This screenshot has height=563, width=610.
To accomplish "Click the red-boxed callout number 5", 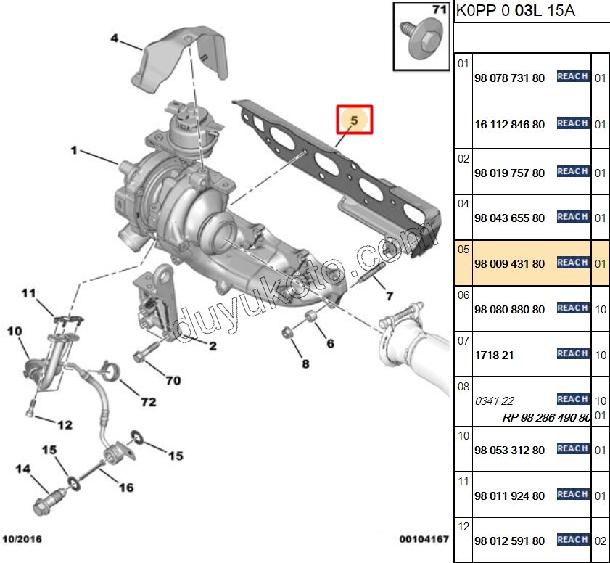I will click(354, 120).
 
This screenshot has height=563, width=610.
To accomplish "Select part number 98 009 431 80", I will click(508, 264).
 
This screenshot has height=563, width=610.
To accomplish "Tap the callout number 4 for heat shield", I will click(114, 38).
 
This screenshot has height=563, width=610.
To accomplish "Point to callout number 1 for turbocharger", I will click(73, 150).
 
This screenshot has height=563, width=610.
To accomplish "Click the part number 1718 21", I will click(494, 355).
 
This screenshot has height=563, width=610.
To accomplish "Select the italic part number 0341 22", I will click(494, 400).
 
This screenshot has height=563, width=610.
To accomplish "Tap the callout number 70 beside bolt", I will click(173, 379).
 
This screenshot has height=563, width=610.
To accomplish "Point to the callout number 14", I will click(22, 469).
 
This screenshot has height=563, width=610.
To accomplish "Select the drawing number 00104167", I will click(424, 539).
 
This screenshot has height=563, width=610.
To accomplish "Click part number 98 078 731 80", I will click(508, 78).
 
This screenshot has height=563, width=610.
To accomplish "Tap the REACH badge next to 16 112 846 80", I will click(572, 123).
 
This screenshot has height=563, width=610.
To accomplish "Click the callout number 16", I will click(125, 488).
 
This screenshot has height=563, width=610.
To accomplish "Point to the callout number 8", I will click(305, 363).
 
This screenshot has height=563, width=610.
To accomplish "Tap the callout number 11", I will click(28, 293).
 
